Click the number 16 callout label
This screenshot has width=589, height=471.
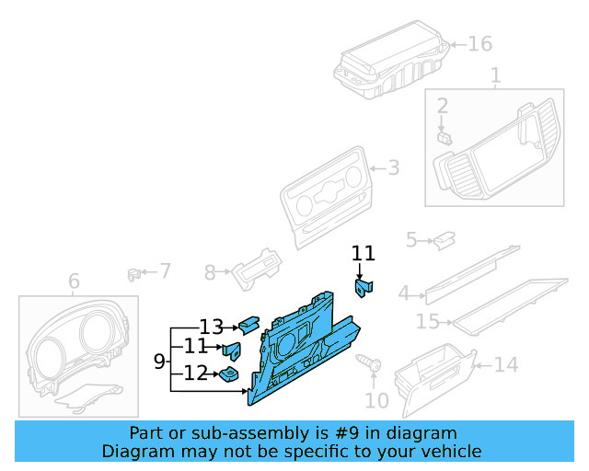[480, 43]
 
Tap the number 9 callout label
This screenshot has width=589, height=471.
[159, 362]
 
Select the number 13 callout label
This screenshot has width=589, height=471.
[211, 327]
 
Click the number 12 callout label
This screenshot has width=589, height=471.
[195, 373]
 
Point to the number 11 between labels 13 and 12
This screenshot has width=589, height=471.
[195, 347]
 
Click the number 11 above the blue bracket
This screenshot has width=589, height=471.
[364, 252]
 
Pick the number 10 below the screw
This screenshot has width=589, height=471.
[377, 400]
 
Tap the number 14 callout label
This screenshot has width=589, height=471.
[505, 365]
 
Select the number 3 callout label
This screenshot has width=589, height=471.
[393, 168]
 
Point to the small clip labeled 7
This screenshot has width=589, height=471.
[134, 272]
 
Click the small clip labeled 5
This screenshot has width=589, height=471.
[445, 239]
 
